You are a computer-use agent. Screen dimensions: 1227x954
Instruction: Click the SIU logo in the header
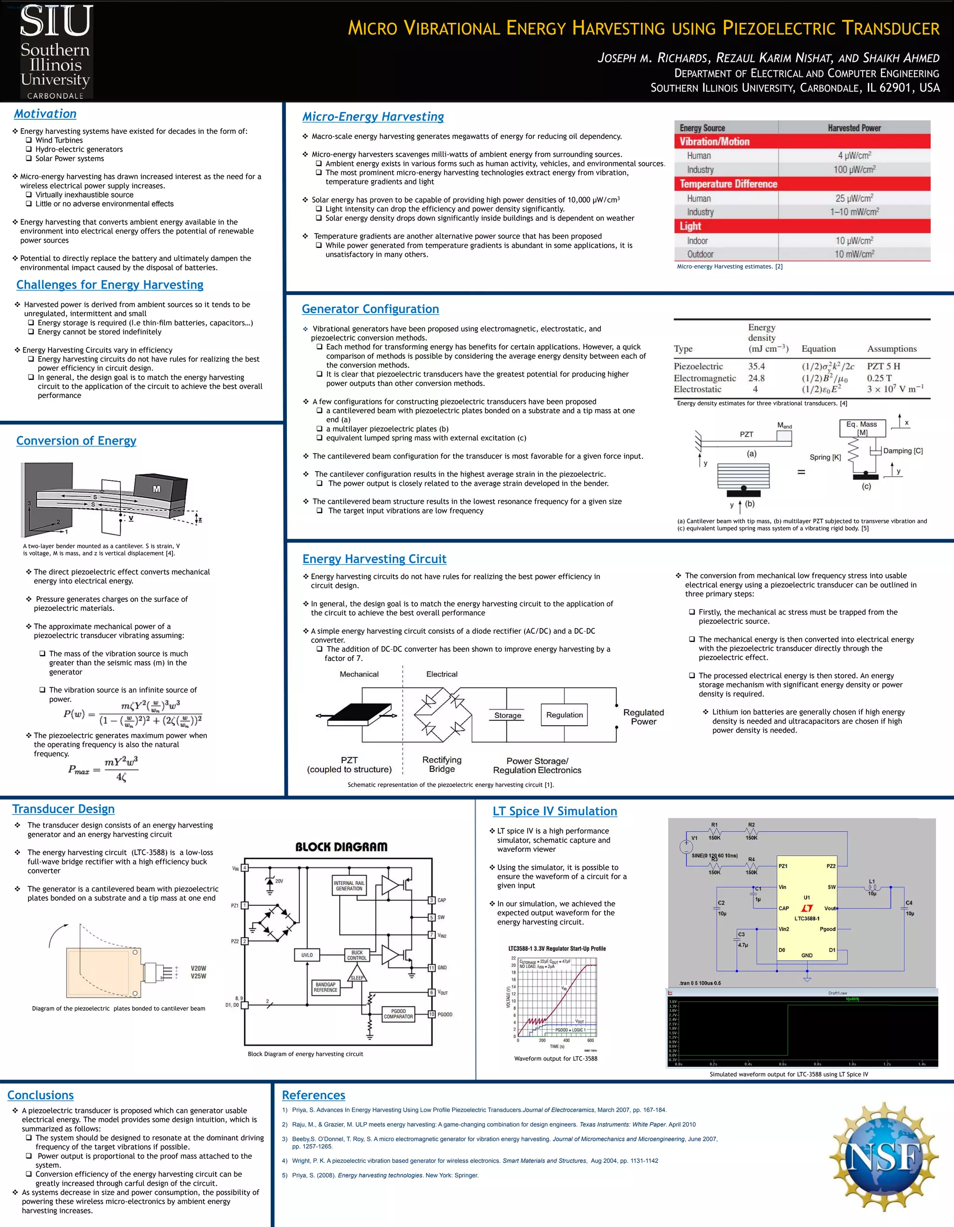tap(55, 51)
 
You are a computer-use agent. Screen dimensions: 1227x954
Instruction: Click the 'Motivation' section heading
tap(46, 114)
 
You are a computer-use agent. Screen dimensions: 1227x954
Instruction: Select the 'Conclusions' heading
tap(41, 1095)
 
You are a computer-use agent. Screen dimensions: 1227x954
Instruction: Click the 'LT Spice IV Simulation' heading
tap(555, 811)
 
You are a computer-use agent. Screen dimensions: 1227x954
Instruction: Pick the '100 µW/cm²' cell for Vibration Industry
tap(854, 169)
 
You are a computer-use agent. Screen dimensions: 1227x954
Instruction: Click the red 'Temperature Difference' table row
tap(802, 184)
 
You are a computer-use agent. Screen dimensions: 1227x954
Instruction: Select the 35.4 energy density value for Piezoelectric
tap(756, 366)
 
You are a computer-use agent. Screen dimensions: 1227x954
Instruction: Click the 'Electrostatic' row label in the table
tap(697, 389)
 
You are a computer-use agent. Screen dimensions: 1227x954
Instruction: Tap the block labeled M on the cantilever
tap(157, 489)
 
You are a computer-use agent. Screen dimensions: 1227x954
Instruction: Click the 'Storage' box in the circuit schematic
tap(508, 715)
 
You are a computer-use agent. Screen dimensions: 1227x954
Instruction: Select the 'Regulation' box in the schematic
tap(564, 715)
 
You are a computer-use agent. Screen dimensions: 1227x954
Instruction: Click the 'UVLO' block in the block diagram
tap(307, 954)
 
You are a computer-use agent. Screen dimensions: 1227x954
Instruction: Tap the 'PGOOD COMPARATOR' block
tap(398, 1014)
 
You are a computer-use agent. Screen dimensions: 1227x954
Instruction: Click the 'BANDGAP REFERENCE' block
tap(326, 987)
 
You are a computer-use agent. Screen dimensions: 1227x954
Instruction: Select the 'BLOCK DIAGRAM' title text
tap(341, 847)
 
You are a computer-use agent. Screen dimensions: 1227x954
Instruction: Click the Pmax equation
tap(103, 769)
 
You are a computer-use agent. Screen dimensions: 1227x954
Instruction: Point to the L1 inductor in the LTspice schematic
tap(872, 888)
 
